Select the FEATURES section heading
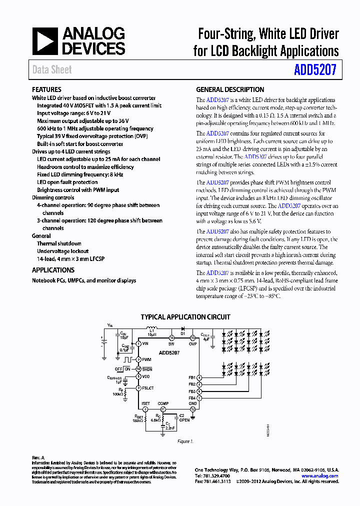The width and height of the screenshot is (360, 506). (46, 89)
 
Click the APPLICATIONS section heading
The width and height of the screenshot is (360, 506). (53, 270)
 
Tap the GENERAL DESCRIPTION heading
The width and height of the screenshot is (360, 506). (230, 89)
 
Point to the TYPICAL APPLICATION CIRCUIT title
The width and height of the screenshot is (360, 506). (185, 316)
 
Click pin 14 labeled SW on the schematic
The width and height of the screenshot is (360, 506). (172, 338)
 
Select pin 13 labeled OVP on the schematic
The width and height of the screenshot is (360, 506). (192, 338)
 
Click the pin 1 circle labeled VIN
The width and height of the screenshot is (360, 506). (138, 343)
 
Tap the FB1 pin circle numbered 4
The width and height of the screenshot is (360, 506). (199, 377)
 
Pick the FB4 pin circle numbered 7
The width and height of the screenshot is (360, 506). (199, 398)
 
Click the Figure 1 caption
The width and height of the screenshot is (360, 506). (185, 441)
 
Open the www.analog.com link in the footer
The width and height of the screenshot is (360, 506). (320, 476)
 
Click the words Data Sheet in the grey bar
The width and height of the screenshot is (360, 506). (52, 70)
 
